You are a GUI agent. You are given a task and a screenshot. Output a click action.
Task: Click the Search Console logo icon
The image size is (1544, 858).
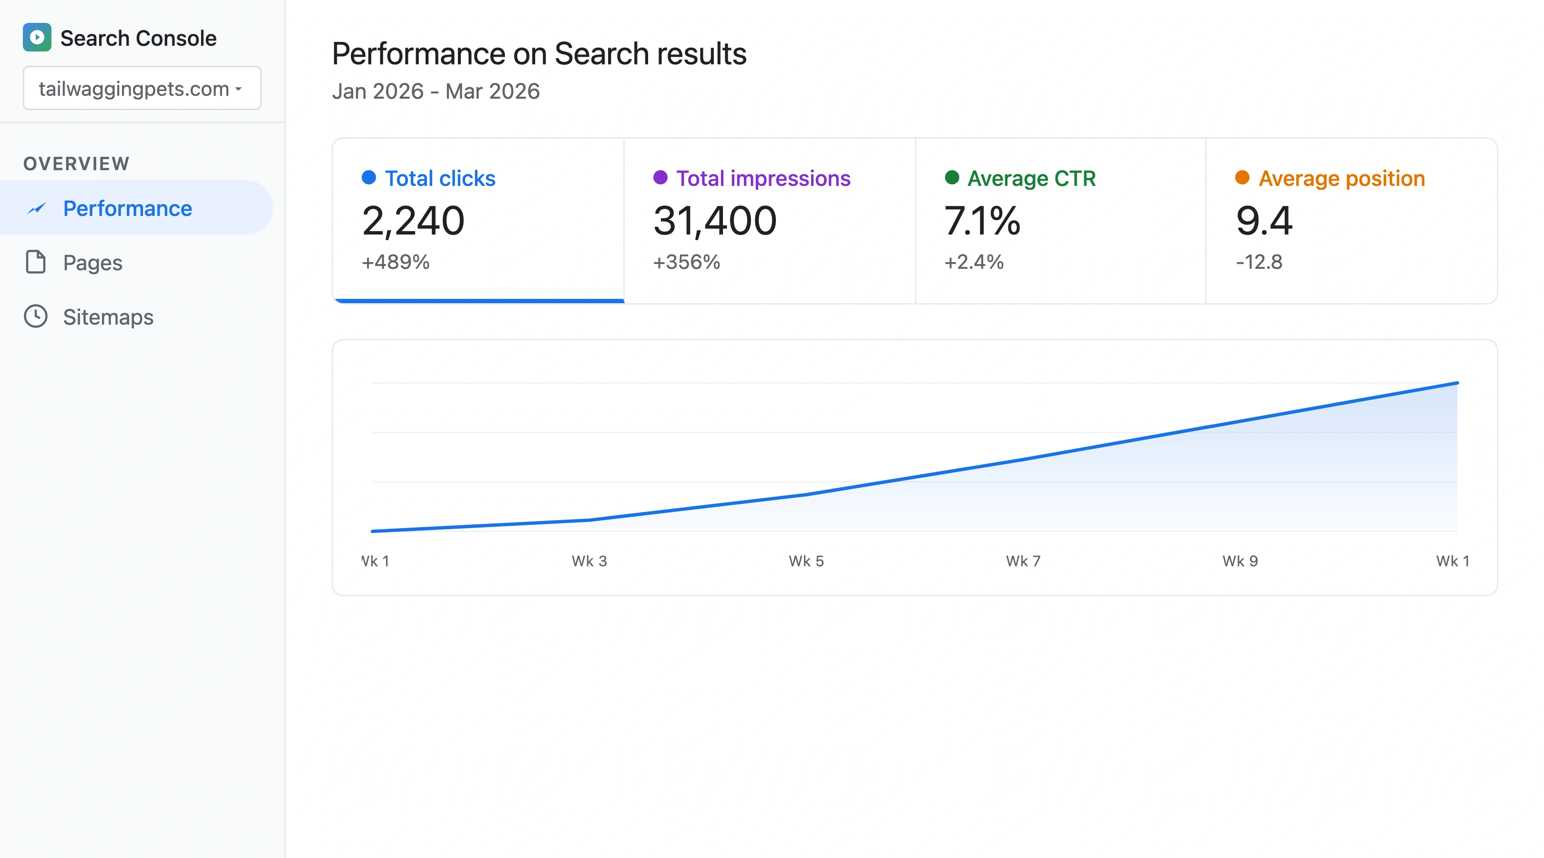tap(37, 37)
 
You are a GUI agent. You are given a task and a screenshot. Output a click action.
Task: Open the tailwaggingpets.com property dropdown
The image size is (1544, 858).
tap(142, 88)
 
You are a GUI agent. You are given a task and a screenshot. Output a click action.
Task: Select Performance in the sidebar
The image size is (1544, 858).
tap(127, 208)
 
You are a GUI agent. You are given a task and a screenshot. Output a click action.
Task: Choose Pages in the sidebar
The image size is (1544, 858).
tap(92, 263)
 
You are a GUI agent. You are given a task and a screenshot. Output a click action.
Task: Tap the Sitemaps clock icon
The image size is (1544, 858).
tap(36, 317)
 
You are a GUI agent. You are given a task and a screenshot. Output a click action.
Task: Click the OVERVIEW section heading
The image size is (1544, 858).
tap(76, 163)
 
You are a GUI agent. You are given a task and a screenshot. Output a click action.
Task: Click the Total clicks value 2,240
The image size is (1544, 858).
tap(413, 221)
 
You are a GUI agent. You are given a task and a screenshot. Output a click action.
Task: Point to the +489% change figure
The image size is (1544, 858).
tap(396, 262)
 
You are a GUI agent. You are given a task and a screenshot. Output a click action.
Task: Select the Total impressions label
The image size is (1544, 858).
tap(762, 178)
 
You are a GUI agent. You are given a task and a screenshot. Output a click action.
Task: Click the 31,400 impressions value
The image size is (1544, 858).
tap(714, 221)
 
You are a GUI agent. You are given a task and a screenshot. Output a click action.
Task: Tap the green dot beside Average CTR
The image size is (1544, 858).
tap(951, 177)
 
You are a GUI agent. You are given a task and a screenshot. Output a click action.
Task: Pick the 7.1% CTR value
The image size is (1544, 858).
tap(982, 221)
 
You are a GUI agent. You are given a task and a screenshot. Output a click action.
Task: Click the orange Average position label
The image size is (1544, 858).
tap(1341, 178)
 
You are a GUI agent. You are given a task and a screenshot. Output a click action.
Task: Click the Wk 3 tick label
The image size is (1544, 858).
tap(589, 561)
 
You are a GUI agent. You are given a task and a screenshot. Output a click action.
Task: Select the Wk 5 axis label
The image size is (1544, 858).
tap(806, 561)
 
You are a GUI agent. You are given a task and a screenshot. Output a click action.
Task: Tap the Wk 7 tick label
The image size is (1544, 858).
tap(1023, 561)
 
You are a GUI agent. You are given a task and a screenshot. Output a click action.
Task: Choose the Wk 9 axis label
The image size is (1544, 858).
tap(1240, 561)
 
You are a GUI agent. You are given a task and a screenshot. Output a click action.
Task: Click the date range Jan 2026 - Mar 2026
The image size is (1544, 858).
tap(436, 91)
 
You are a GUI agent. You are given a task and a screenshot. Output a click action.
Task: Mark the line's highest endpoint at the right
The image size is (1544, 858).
tap(1457, 383)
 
